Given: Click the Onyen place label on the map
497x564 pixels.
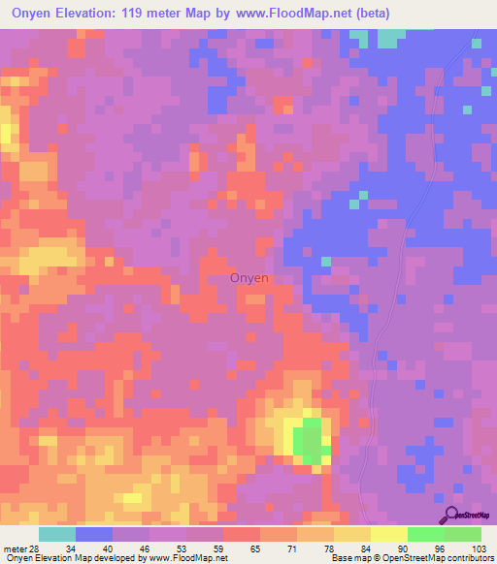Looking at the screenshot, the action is [249, 278].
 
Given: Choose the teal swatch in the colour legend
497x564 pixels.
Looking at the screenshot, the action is [56, 535].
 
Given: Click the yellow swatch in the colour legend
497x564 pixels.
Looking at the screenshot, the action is [388, 535].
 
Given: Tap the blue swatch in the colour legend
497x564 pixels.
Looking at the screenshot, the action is [94, 535].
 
